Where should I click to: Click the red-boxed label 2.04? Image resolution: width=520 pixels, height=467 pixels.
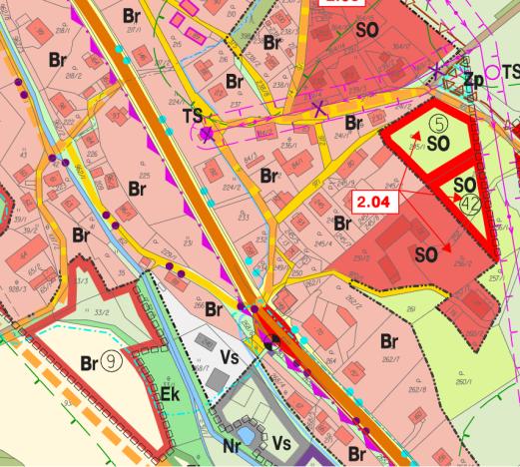(x=374, y=200)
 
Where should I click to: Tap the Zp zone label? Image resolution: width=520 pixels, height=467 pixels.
(x=473, y=77)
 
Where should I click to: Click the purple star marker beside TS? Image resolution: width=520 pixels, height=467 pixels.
(x=206, y=133)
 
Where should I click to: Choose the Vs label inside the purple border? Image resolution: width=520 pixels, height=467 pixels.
(x=281, y=444)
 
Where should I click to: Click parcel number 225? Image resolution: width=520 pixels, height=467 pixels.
(x=145, y=177)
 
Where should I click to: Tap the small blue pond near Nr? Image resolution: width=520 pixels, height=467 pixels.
(x=247, y=432)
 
